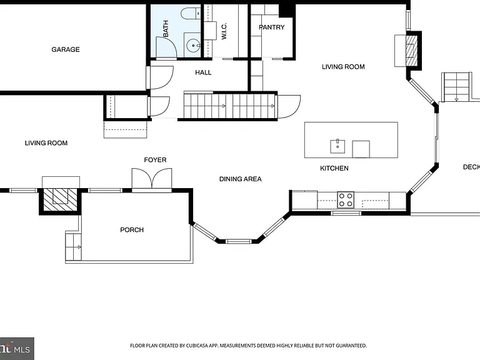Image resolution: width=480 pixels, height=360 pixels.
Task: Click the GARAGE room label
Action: [66, 49]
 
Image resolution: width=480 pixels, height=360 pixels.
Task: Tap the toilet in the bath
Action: [190, 14]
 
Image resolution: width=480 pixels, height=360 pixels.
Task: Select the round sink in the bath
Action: [193, 46]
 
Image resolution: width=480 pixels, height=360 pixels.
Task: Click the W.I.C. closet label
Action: [224, 31]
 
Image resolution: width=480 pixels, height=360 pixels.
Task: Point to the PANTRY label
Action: [272, 27]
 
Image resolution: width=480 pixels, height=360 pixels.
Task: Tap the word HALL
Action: [203, 72]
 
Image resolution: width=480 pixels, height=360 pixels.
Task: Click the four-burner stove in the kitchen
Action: [346, 200]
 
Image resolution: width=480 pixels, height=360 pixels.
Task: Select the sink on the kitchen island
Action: [337, 146]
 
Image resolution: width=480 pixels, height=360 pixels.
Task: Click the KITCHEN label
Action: [334, 168]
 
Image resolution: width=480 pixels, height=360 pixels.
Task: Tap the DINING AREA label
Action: [241, 179]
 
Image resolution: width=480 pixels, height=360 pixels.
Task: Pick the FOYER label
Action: [155, 160]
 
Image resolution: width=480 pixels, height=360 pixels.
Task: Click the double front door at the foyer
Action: [152, 179]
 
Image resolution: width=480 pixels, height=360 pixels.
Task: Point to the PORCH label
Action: [132, 230]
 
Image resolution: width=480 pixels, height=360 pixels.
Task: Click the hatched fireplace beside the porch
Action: [60, 199]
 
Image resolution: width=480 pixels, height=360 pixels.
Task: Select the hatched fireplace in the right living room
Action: [411, 51]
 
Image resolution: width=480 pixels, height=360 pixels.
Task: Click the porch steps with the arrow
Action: [74, 247]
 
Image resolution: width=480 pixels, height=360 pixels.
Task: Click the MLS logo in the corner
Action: [17, 349]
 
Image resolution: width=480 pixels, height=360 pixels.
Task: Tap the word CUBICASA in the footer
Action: [197, 346]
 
